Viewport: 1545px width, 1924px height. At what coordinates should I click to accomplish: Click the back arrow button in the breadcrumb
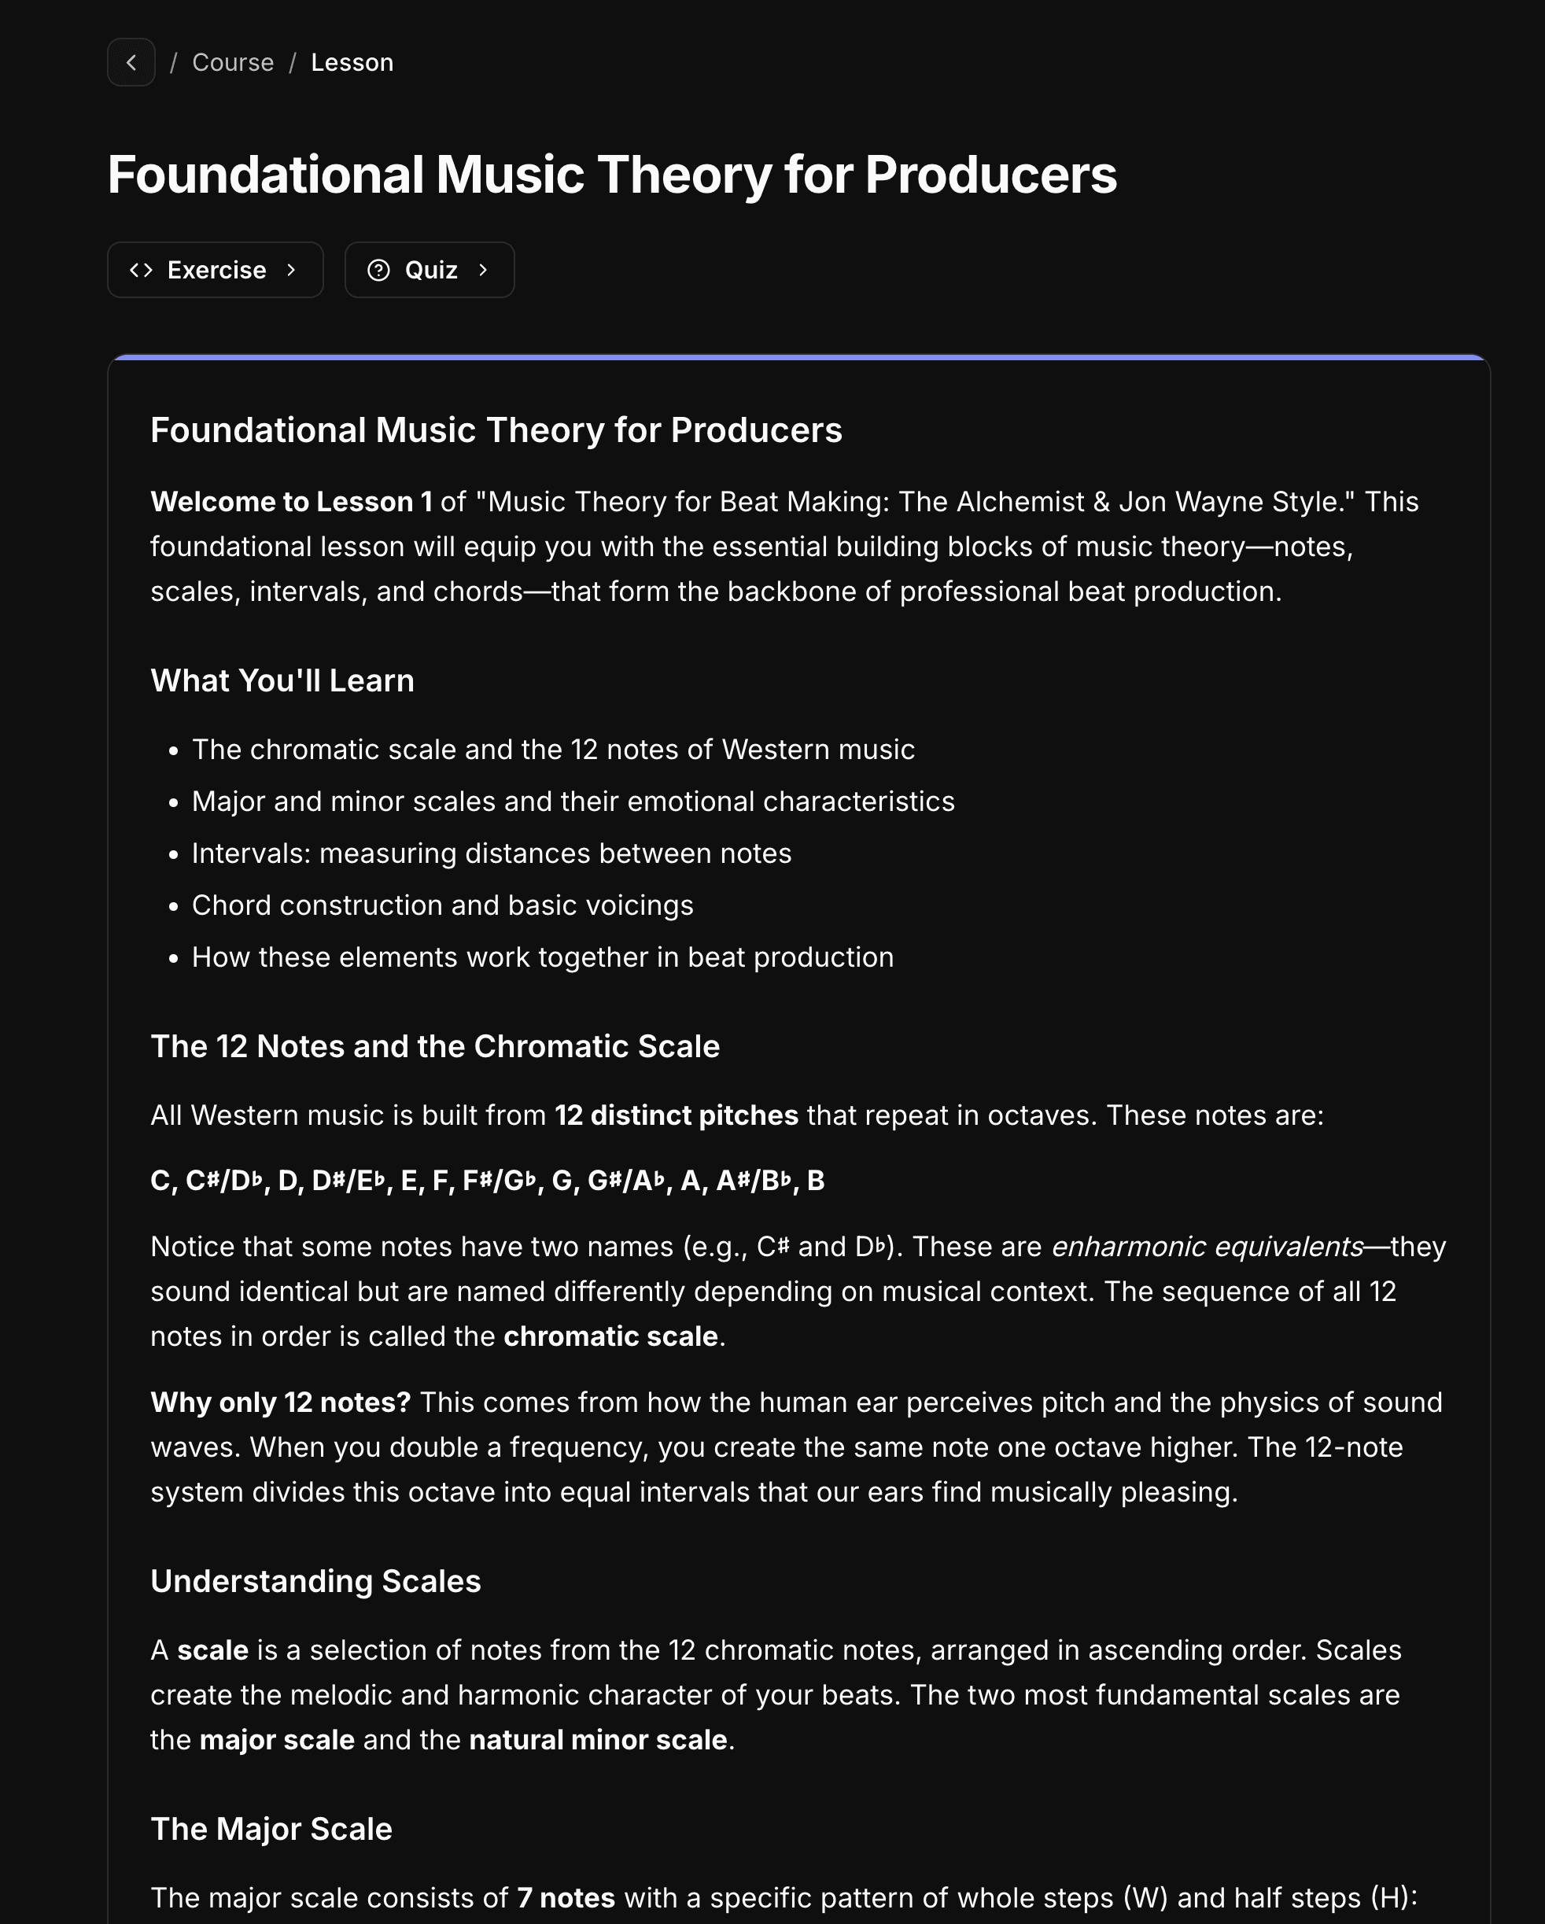[x=131, y=62]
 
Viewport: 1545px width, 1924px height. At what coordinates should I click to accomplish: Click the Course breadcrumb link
[x=233, y=62]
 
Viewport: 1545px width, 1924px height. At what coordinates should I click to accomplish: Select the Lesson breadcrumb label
[x=352, y=62]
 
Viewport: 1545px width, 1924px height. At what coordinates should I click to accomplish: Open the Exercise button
[x=215, y=270]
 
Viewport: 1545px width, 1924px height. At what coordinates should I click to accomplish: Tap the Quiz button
[x=430, y=270]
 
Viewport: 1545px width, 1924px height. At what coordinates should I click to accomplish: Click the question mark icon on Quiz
[x=378, y=270]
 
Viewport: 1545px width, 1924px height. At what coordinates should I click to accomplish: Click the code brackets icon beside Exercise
[x=141, y=270]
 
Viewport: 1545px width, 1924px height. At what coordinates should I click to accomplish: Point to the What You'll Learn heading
[x=282, y=681]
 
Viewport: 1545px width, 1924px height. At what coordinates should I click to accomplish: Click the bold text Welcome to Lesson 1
[x=291, y=502]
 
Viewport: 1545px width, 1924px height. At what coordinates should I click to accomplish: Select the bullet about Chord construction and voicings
[x=442, y=905]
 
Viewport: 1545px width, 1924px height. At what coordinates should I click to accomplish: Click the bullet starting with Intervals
[x=491, y=853]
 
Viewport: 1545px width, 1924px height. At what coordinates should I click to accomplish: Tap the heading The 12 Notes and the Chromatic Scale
[x=435, y=1046]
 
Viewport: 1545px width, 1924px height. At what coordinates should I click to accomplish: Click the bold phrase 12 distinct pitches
[x=676, y=1115]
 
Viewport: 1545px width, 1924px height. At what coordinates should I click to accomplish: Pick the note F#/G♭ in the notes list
[x=499, y=1181]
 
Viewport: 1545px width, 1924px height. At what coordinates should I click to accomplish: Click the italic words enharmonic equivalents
[x=1207, y=1247]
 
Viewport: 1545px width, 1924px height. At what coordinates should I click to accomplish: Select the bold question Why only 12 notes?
[x=280, y=1402]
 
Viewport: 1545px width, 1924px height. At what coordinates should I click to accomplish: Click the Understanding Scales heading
[x=315, y=1581]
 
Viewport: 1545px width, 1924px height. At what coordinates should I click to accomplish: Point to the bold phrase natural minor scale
[x=597, y=1739]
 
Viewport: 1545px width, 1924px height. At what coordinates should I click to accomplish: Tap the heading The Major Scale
[x=271, y=1829]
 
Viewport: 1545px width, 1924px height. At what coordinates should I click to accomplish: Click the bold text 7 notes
[x=566, y=1897]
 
